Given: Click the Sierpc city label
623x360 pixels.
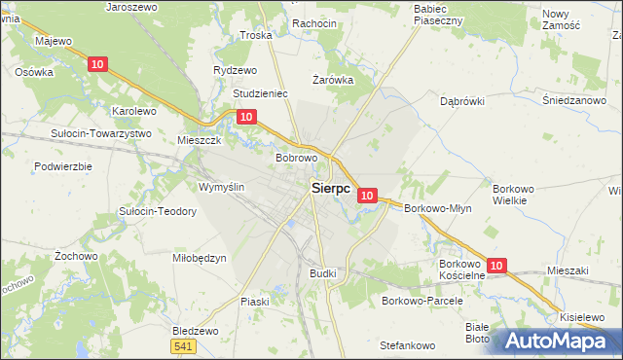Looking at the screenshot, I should [x=331, y=189].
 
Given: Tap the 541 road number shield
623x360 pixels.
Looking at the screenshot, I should [x=182, y=346].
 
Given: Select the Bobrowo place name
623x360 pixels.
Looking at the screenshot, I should [x=297, y=158].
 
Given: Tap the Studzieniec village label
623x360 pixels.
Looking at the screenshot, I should [x=260, y=94].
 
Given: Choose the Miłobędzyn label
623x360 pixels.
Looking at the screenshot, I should [x=199, y=258].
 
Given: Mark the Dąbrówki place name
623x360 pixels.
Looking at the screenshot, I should [x=462, y=100].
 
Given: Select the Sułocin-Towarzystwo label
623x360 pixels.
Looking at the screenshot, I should [x=101, y=133].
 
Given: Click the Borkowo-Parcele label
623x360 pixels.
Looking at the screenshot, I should [x=421, y=301].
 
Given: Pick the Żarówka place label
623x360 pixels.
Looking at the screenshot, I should [x=332, y=80].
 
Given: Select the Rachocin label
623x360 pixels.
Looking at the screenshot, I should [x=313, y=23].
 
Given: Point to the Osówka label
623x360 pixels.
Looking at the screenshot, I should [x=33, y=72].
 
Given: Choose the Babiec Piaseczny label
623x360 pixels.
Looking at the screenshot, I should [x=437, y=14].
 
